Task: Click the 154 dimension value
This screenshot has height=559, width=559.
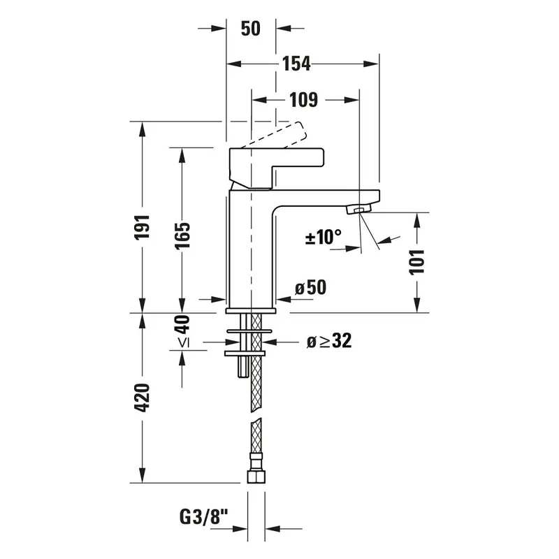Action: (x=296, y=64)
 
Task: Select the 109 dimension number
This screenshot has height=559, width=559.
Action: (x=303, y=100)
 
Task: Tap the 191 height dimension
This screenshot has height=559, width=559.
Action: (x=142, y=227)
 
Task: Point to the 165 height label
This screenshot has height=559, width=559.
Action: (x=182, y=235)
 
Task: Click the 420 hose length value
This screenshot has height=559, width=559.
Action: (x=142, y=398)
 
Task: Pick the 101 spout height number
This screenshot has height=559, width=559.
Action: (x=416, y=263)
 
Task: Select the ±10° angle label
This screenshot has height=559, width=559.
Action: (x=324, y=237)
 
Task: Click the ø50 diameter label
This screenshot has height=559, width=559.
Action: (x=310, y=287)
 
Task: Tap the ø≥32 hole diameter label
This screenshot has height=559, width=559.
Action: (x=329, y=340)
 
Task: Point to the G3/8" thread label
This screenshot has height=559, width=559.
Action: (x=203, y=517)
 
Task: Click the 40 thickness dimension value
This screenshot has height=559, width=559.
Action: (x=182, y=324)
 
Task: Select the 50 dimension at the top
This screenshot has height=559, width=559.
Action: (x=251, y=29)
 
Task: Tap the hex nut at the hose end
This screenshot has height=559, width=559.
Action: (x=256, y=477)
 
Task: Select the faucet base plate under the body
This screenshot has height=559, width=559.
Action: (x=251, y=311)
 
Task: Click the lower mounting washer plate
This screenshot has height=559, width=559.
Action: (x=245, y=354)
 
